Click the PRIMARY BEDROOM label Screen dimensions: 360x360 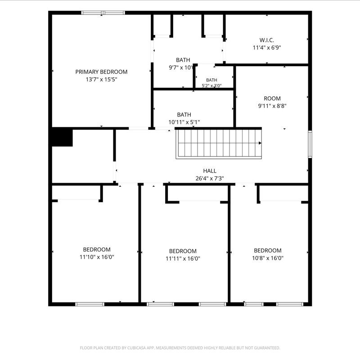tap(101, 72)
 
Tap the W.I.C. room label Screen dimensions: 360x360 tap(266, 40)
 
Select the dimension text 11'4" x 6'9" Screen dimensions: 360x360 tap(267, 48)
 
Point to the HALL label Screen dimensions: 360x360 tap(210, 171)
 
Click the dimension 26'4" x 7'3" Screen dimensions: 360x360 tap(210, 178)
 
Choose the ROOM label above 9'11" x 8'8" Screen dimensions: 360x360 tap(272, 99)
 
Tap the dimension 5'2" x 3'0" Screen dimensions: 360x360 tap(211, 86)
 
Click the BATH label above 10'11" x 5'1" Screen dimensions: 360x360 tap(184, 115)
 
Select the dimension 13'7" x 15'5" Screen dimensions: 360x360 tap(101, 80)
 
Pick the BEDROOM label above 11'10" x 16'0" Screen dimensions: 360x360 tap(97, 250)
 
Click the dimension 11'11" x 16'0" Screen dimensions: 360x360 tap(183, 258)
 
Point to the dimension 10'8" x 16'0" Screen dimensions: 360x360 tap(268, 258)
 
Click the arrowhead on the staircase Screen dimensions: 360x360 tap(260, 143)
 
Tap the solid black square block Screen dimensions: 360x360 tap(62, 138)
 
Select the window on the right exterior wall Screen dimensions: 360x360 tap(310, 144)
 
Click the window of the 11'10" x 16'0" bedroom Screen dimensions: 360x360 tap(90, 304)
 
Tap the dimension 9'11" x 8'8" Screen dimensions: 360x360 tap(272, 106)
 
